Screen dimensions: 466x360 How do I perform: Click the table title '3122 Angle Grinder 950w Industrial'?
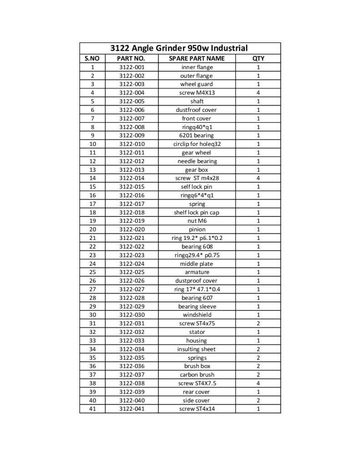[179, 48]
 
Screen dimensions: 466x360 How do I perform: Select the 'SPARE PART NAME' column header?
[197, 59]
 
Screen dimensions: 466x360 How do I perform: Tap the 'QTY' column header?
[258, 59]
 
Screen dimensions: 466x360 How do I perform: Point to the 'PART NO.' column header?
[131, 59]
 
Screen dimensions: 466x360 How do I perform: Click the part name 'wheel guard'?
[197, 84]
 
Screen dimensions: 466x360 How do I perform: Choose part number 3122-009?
[131, 136]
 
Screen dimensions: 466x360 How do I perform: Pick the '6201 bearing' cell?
[197, 136]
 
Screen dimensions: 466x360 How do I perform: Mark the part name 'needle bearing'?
[197, 161]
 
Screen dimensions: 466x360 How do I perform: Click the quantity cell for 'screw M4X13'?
[258, 93]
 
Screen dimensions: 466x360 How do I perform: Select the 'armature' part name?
[197, 272]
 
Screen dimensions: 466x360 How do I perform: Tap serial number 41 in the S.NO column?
[92, 409]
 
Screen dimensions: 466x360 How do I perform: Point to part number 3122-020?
[131, 229]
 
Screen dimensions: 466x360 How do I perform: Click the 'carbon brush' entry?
[197, 375]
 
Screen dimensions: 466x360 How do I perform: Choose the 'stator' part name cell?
[197, 332]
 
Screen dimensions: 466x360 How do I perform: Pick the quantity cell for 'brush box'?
[258, 366]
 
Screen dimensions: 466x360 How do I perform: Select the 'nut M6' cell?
[197, 221]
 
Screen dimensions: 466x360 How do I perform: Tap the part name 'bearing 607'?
[197, 298]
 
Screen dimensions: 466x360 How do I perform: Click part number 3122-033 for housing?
[131, 341]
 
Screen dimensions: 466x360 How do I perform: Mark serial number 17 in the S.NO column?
[92, 204]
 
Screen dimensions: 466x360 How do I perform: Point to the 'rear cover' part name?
[197, 392]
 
